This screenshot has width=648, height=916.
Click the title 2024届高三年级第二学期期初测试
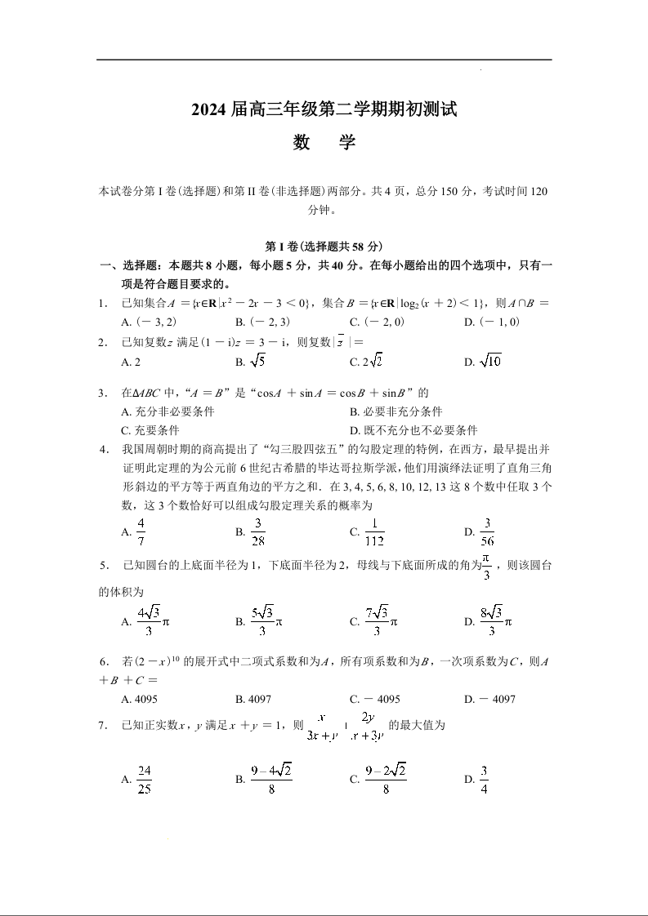pos(324,109)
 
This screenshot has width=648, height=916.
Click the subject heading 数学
pos(324,143)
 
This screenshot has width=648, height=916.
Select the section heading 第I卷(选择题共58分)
pos(324,247)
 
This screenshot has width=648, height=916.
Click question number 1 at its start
pos(103,304)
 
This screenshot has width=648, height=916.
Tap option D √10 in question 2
pos(482,361)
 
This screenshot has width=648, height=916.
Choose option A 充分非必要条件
pos(168,412)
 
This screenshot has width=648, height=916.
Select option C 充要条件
pos(150,430)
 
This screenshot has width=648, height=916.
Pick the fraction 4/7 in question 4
pos(141,532)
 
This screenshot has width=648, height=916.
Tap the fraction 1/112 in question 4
pos(375,532)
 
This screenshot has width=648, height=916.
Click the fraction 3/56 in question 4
pos(488,532)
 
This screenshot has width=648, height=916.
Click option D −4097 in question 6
pos(489,699)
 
